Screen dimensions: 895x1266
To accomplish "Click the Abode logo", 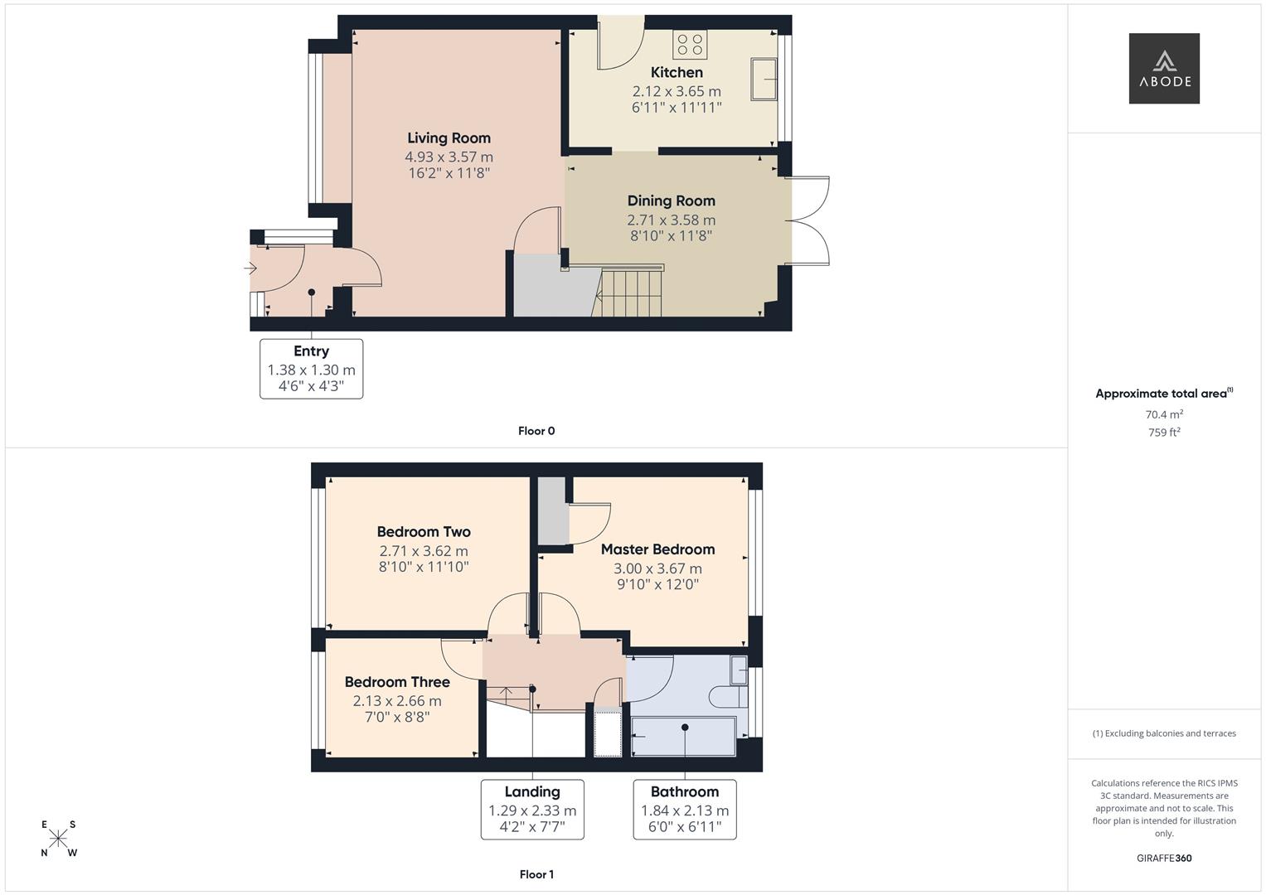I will [x=1163, y=68].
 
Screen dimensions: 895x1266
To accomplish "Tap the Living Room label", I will [x=449, y=138].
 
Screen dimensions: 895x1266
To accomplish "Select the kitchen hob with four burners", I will [x=690, y=45].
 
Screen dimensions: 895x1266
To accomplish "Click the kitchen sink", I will [x=764, y=80].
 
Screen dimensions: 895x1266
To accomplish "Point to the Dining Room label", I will [x=671, y=201].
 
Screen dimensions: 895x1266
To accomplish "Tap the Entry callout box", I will [x=311, y=369].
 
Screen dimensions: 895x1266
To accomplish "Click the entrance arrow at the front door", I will [x=250, y=268].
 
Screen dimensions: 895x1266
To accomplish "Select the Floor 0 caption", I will [x=536, y=431].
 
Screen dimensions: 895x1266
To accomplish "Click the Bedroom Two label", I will [x=424, y=532].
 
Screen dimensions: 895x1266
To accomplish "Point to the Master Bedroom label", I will [x=657, y=549].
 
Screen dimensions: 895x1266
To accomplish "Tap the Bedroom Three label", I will [x=397, y=682].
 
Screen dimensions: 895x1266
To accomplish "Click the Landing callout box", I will [x=532, y=810].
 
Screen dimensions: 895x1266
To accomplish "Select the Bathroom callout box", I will [x=685, y=810].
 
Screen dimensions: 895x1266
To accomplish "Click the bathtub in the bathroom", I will [x=683, y=737].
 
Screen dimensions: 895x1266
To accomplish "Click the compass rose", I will [x=59, y=839].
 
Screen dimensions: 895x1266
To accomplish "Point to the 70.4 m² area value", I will [x=1163, y=414].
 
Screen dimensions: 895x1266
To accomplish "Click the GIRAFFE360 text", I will [x=1163, y=859].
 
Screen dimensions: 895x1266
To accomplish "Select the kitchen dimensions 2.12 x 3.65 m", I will [x=677, y=91].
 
